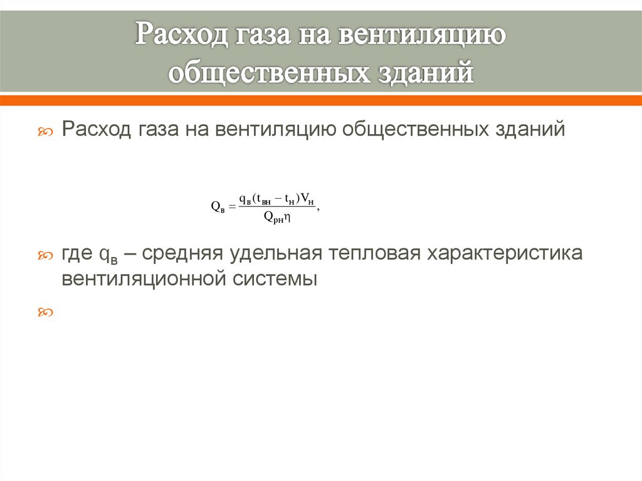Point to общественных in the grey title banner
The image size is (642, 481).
point(268,71)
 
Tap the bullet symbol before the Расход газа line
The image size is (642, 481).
point(46,132)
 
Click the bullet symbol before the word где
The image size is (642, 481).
point(46,255)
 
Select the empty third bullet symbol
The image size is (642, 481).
point(46,312)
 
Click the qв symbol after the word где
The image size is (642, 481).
point(105,255)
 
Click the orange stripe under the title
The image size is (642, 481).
point(321,100)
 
